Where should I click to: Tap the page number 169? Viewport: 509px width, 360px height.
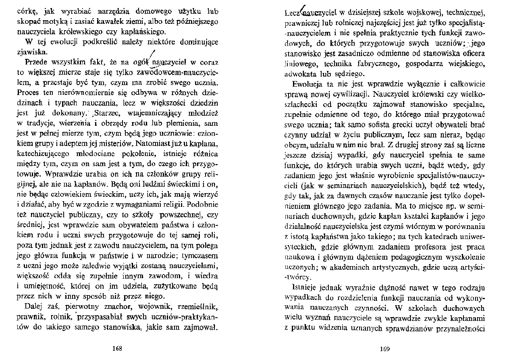385,349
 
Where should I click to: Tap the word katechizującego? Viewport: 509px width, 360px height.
44,153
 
